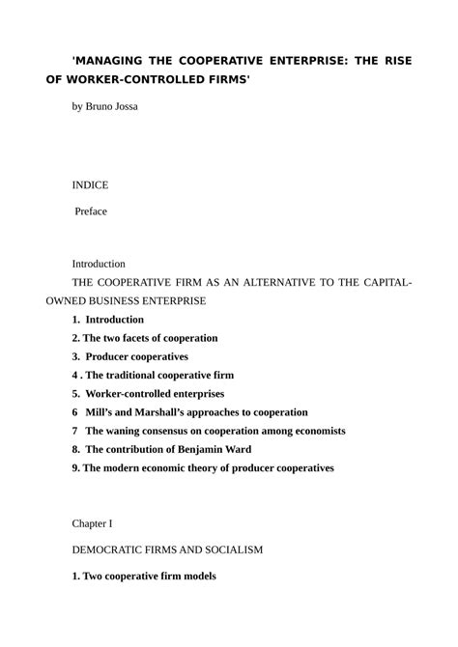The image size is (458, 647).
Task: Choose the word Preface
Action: point(92,211)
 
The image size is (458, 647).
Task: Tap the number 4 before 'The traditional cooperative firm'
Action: point(74,375)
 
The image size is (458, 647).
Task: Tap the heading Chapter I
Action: point(92,523)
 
